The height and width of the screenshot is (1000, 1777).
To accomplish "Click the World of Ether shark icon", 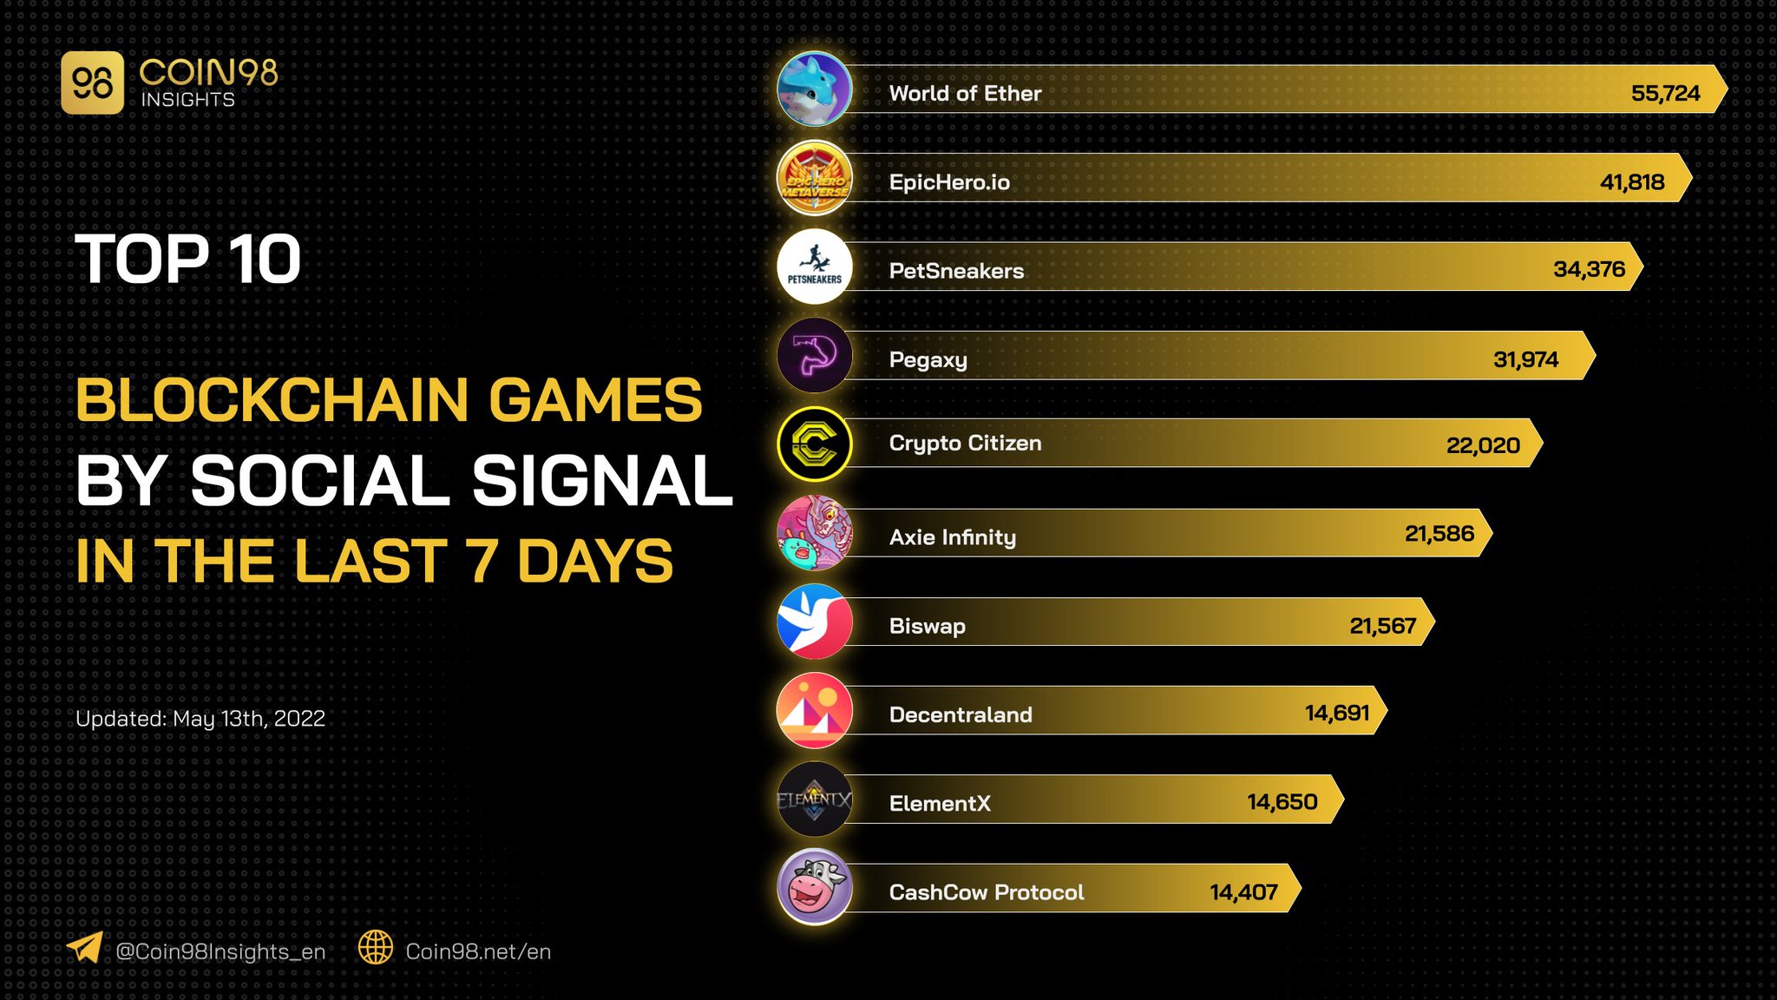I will (x=814, y=89).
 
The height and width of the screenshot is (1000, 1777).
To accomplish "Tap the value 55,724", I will (x=1665, y=93).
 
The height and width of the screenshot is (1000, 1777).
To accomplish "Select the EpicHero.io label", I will (x=949, y=182).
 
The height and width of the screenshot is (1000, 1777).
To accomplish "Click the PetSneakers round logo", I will (x=814, y=266).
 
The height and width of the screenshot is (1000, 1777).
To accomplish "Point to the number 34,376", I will (x=1589, y=269).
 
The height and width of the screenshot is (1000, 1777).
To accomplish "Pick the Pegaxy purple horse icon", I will (x=814, y=355).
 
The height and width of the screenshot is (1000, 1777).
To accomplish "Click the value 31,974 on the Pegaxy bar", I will (x=1525, y=359).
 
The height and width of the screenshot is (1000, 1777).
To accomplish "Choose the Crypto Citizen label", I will (x=965, y=444).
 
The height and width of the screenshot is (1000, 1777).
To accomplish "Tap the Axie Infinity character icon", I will (x=814, y=533).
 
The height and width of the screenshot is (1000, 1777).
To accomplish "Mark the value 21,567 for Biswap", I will (x=1382, y=626).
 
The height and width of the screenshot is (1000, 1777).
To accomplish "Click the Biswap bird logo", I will (x=814, y=622).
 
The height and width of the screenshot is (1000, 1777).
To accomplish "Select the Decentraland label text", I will (x=961, y=714).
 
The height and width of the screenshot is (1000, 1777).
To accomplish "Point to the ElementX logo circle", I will (x=814, y=799).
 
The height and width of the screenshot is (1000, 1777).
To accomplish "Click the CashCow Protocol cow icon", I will (x=814, y=887).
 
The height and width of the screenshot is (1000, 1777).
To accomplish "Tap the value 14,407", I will (x=1243, y=892).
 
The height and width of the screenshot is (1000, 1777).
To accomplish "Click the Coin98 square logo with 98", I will (x=93, y=83).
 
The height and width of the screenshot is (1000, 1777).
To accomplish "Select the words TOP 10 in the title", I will (x=188, y=260).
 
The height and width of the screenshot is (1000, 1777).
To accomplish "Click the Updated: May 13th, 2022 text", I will (x=200, y=719).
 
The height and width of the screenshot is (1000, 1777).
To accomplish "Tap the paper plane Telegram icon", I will (x=85, y=947).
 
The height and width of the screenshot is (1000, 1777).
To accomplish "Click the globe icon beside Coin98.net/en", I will (x=376, y=947).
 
